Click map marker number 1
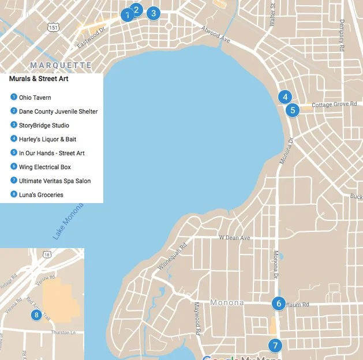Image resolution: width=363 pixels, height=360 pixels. (x=126, y=16)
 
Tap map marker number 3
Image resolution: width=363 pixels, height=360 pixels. (x=153, y=13)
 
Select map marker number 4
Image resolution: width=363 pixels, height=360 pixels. (x=284, y=97)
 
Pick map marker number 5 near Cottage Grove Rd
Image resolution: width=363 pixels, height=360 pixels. (x=293, y=110)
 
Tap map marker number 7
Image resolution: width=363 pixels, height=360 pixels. (x=275, y=346)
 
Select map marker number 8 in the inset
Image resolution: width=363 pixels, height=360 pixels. (x=36, y=315)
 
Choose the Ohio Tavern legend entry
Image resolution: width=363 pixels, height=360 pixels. (x=35, y=97)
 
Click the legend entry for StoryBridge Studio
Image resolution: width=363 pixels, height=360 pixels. (x=44, y=125)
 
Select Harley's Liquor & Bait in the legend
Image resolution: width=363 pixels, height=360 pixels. (x=47, y=139)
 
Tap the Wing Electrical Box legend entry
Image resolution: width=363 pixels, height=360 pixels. (x=44, y=167)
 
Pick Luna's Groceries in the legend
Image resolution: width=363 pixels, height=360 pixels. (x=41, y=195)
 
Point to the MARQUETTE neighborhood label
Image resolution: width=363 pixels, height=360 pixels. (x=61, y=65)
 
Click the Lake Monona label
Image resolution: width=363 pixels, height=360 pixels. (x=68, y=222)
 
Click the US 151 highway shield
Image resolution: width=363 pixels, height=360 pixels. (x=53, y=27)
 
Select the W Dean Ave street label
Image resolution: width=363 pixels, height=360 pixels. (x=234, y=238)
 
